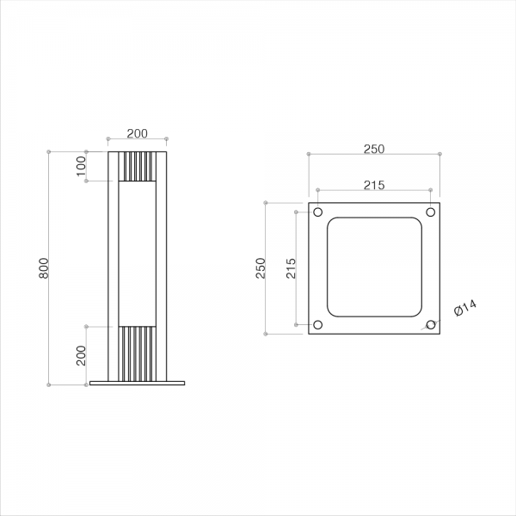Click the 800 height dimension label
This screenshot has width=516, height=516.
[x=44, y=268]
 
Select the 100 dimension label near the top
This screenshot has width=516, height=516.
[x=81, y=166]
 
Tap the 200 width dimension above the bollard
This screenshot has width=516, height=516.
[x=138, y=133]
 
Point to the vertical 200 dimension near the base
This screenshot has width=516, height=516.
[x=81, y=356]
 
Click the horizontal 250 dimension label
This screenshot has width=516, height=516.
[x=374, y=149]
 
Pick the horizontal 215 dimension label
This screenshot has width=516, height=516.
[x=374, y=185]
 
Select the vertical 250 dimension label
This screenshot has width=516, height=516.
[x=261, y=268]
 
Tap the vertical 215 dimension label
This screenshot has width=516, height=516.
[x=291, y=268]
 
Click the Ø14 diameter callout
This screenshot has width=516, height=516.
[x=465, y=309]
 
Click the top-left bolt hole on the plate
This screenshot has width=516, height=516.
[x=317, y=212]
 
